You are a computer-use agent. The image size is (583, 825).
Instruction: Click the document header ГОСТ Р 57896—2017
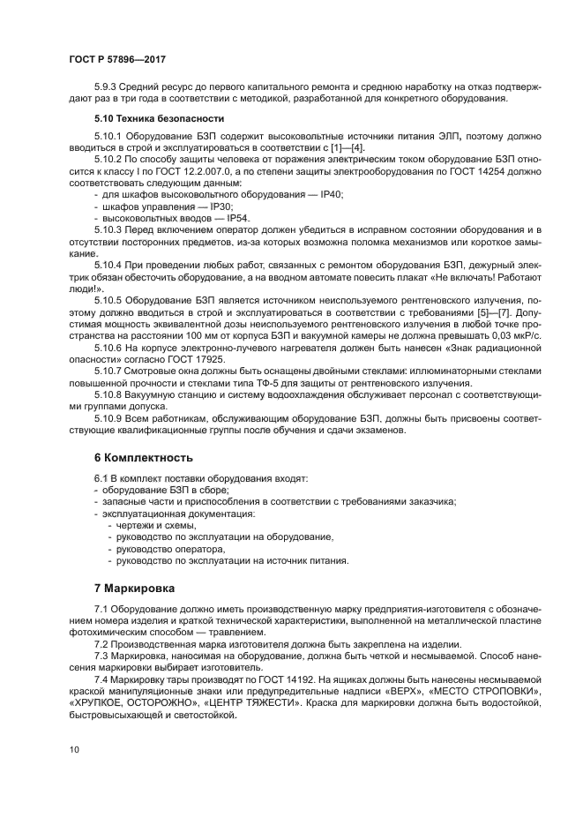coord(116,60)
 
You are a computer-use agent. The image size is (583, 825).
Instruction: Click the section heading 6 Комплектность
coord(143,458)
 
